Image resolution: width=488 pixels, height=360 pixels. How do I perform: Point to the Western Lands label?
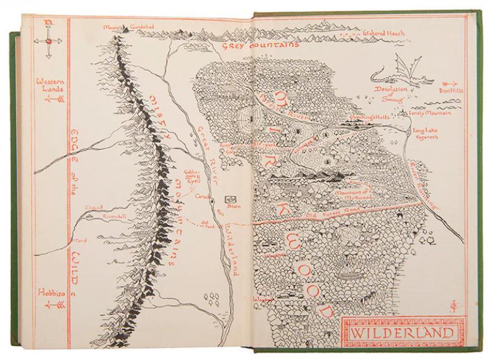pyautogui.click(x=49, y=84)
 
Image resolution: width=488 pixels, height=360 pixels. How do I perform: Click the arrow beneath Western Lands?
pyautogui.click(x=49, y=98)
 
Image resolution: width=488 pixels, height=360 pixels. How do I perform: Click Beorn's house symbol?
pyautogui.click(x=231, y=199)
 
